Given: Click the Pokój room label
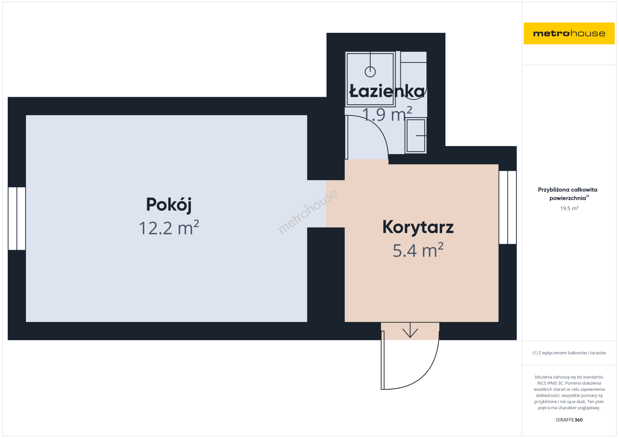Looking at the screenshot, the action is pos(169,205).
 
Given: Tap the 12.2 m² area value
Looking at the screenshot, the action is pos(169,228).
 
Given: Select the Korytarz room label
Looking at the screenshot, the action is pos(418,228).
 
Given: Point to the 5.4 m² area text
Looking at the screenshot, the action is pos(418,250).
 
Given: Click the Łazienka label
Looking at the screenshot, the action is pos(387,91).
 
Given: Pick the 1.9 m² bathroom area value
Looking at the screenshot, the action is pos(387,114).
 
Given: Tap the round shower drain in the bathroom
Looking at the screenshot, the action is pos(370,72).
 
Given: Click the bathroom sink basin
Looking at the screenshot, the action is pos(416,135).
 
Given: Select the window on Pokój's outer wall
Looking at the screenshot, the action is pos(17,219).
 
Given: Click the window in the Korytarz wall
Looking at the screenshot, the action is pos(507,207).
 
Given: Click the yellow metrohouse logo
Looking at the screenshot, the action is pos(569,33).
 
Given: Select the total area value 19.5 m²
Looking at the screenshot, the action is pos(569,208).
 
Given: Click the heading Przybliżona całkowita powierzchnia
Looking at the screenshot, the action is pos(567,194).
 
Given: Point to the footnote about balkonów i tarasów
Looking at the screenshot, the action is pos(569,353).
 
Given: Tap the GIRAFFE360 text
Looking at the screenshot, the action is pos(569,420).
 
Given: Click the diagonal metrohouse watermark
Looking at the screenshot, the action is pos(307,212).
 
